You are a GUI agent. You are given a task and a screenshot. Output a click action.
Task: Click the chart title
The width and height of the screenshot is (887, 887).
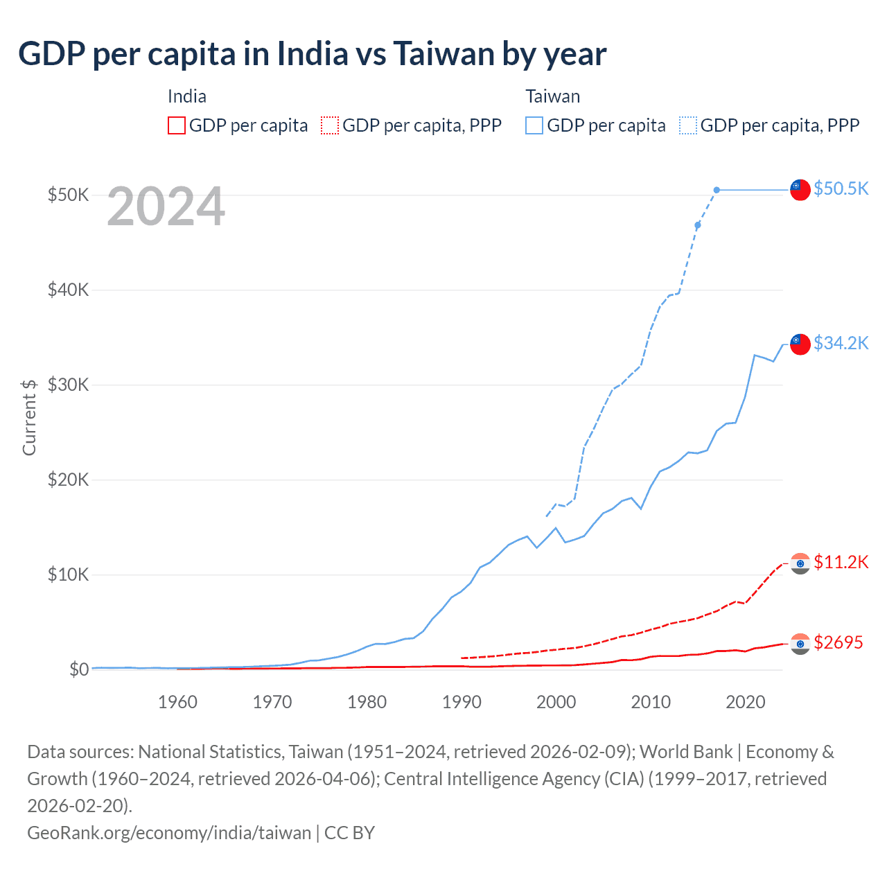(x=313, y=53)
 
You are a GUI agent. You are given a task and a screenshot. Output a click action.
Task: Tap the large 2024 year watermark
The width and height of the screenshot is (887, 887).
(x=166, y=207)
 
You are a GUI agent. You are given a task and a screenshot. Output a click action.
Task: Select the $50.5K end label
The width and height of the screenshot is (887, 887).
(x=841, y=188)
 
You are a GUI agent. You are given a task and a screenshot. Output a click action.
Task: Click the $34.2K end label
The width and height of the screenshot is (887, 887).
(x=841, y=343)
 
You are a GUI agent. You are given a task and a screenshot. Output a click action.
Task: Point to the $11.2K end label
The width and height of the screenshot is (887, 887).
(x=841, y=562)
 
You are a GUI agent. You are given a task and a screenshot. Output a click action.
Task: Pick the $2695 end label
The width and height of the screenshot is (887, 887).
(x=838, y=642)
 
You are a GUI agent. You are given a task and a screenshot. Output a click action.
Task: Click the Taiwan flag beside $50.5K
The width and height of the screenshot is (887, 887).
(x=800, y=189)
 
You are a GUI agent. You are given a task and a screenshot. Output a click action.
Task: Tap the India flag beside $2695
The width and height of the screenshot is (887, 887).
(x=800, y=644)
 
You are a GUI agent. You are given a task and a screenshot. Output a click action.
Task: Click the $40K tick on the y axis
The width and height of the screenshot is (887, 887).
(x=68, y=290)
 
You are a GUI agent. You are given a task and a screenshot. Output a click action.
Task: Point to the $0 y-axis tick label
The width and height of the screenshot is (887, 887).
(x=78, y=669)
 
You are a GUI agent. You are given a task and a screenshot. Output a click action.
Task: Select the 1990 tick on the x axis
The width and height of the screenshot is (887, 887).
(x=462, y=702)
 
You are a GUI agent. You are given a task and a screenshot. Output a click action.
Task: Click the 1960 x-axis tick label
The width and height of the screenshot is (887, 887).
(x=177, y=702)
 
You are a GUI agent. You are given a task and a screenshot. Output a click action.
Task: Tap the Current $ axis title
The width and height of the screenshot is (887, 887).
(x=29, y=417)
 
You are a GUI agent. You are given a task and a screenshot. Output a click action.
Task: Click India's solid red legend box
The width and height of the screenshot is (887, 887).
(x=177, y=125)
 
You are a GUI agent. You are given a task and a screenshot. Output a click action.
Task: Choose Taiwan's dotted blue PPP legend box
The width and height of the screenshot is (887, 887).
(x=688, y=125)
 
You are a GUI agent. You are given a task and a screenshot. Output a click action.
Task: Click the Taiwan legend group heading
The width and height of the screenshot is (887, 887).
(x=552, y=96)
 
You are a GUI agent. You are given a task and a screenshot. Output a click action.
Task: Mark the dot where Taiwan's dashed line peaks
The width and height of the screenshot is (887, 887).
(x=717, y=190)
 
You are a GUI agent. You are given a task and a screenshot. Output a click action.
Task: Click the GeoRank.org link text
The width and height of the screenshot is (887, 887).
(x=169, y=832)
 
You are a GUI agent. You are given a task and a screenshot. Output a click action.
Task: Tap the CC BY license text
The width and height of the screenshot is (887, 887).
(x=349, y=832)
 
